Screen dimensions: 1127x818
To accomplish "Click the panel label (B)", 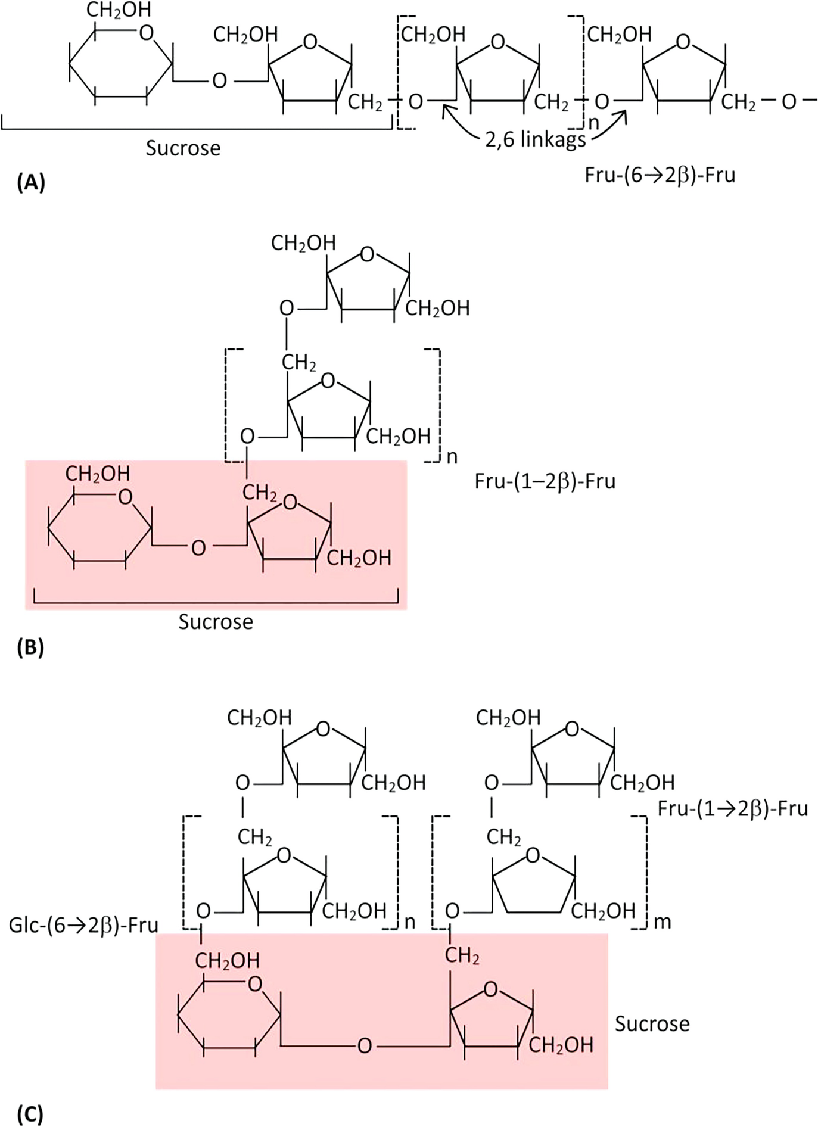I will tap(30, 647).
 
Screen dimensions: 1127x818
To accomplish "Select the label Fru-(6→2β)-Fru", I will tap(660, 175).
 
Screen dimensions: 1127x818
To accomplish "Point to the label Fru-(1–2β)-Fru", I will tap(545, 481).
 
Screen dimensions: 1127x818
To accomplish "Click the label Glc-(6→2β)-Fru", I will tap(83, 925).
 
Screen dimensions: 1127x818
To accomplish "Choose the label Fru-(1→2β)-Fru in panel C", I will tap(732, 809).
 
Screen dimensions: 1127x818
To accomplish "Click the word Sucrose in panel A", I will tap(183, 148).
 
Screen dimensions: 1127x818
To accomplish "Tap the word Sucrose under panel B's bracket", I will tap(216, 622).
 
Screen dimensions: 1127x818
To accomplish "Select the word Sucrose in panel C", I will tap(652, 1023).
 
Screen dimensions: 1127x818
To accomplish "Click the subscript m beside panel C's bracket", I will tap(663, 922).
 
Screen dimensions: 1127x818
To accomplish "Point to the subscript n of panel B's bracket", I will tap(452, 457).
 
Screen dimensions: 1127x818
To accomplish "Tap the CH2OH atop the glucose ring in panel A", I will tap(119, 10).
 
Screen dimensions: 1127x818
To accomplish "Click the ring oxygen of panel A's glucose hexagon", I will tap(146, 33).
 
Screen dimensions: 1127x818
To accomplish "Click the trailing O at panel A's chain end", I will tap(788, 102).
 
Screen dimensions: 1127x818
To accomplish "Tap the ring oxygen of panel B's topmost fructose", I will tap(367, 254).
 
